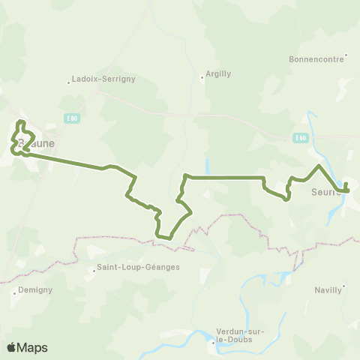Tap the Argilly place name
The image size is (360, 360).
[x=216, y=75]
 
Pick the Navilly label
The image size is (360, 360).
[x=328, y=291]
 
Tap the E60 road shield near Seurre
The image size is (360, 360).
[x=301, y=138]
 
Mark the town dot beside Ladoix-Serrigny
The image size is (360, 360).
[x=68, y=82]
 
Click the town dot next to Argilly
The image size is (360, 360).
[x=202, y=76]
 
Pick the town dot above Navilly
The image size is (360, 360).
[x=343, y=285]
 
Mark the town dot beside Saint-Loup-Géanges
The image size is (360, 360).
[x=91, y=268]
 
